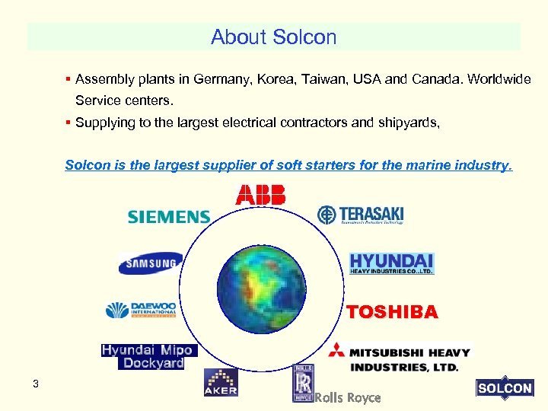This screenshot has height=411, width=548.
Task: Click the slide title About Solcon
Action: coord(273,37)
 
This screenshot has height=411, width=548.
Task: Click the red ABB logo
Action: coord(261,195)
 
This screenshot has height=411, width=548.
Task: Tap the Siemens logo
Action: coord(168,217)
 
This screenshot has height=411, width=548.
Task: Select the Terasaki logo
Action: coord(361,215)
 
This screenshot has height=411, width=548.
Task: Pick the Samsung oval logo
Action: coord(151,263)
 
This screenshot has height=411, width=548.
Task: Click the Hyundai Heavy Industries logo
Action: coord(391,263)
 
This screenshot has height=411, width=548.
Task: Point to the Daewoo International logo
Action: coord(142,310)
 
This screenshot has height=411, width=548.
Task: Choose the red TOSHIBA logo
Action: coord(392,312)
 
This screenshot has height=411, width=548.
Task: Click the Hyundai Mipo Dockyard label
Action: coord(148,356)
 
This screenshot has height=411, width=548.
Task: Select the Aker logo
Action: coord(221,383)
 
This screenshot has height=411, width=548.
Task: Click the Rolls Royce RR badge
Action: coord(303,382)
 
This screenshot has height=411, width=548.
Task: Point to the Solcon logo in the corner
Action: coord(504,387)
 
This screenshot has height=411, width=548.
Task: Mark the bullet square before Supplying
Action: coord(68,120)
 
